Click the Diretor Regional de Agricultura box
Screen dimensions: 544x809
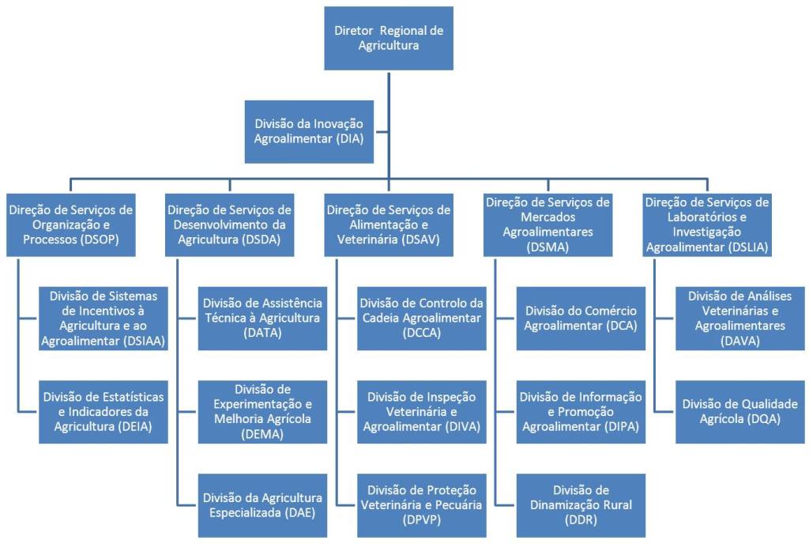(x=388, y=39)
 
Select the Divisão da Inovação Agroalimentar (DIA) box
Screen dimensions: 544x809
(x=309, y=131)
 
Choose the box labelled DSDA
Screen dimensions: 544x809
(x=229, y=225)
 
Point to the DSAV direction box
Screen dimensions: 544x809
(x=388, y=225)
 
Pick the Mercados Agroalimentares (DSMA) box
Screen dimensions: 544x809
(x=548, y=225)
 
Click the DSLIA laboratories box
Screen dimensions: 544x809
(x=707, y=225)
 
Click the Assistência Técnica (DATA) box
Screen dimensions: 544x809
(x=262, y=318)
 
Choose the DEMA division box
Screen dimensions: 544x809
(x=262, y=411)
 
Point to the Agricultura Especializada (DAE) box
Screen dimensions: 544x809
(x=262, y=504)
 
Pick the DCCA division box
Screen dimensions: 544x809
(x=421, y=318)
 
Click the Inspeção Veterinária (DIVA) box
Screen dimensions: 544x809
(x=421, y=411)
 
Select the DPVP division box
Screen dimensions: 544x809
(x=421, y=504)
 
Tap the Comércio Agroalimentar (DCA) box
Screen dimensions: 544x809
(x=581, y=318)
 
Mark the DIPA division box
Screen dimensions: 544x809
(x=581, y=411)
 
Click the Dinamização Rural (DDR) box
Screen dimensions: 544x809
(x=581, y=504)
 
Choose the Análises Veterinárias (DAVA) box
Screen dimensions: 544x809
(x=740, y=318)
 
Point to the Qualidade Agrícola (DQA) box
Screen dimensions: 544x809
(x=740, y=411)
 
